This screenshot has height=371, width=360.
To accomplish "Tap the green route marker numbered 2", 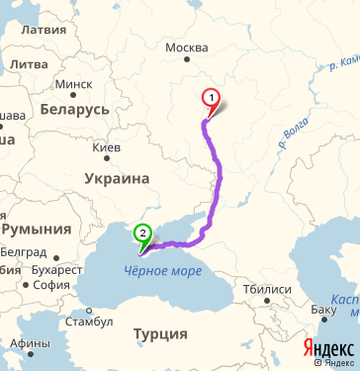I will coord(143,235).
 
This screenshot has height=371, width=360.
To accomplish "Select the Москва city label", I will coord(187,47).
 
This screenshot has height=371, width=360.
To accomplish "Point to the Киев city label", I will coord(106,148).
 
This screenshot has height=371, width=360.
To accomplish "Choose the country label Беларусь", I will coord(73,109).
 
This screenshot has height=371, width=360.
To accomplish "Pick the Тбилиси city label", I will coord(267,289).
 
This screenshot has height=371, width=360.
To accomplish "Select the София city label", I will coord(50,285).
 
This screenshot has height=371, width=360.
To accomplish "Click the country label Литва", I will coord(30,64).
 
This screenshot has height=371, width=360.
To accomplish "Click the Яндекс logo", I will coord(327,349).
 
